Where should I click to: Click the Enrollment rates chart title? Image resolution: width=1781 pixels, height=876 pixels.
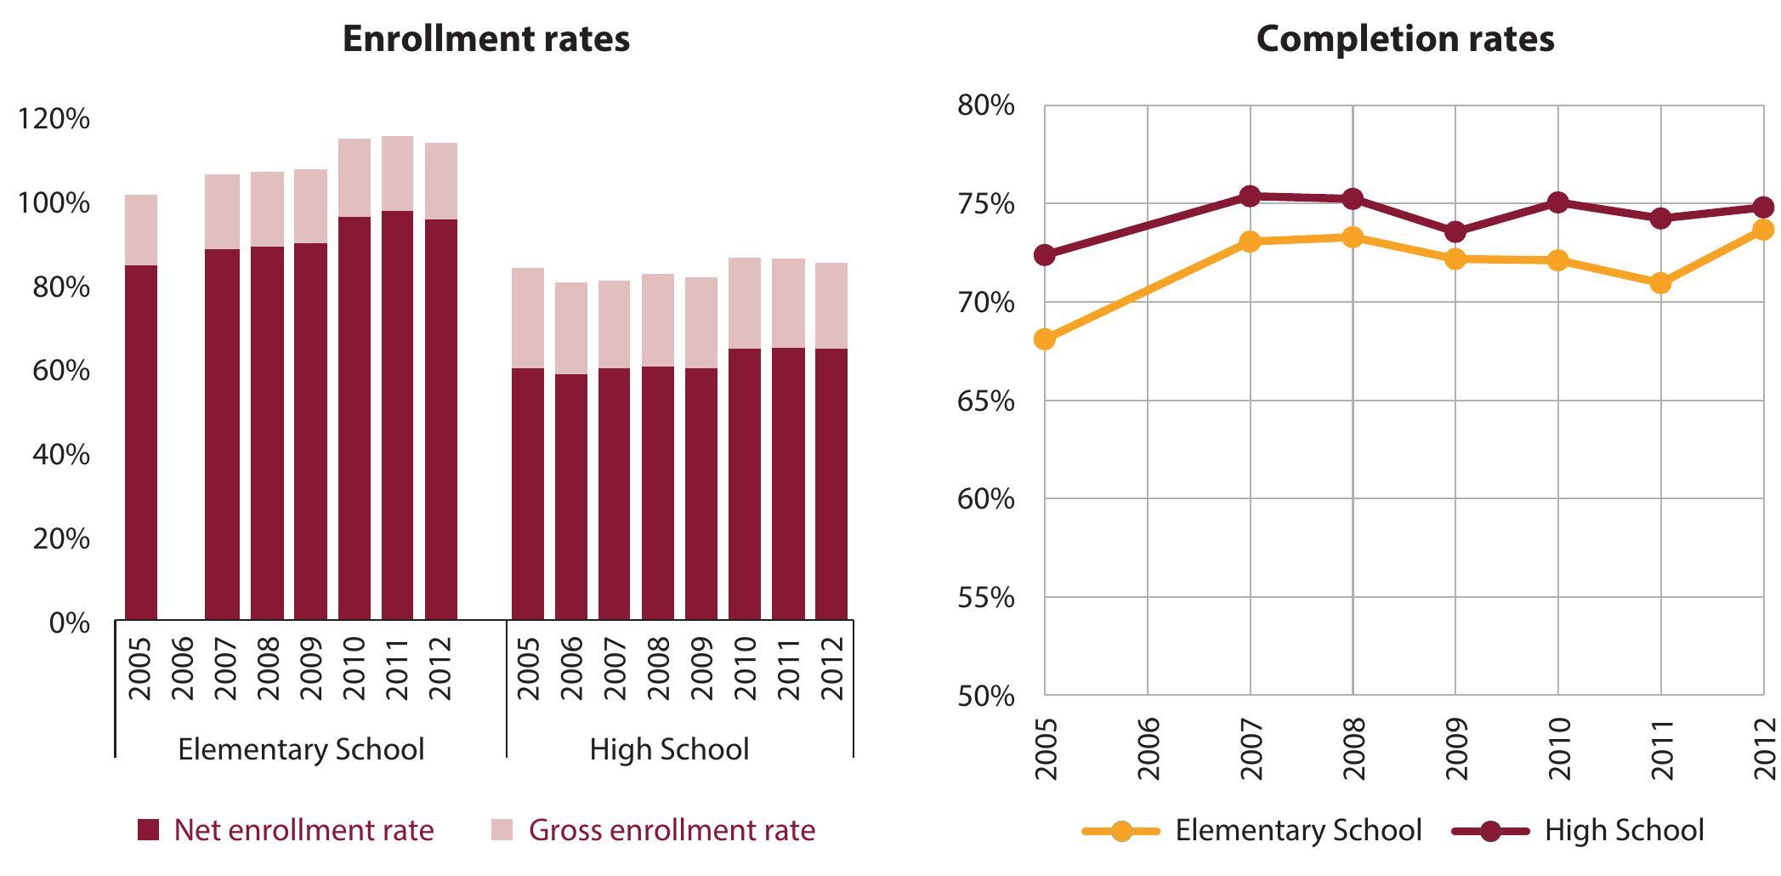click(485, 39)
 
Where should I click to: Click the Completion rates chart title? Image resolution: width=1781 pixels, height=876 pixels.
click(1405, 39)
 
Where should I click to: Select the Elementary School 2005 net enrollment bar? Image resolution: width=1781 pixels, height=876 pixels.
click(141, 442)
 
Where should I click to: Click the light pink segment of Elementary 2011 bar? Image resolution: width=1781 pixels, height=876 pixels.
click(397, 173)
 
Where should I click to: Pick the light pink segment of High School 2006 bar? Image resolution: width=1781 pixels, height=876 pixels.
click(571, 328)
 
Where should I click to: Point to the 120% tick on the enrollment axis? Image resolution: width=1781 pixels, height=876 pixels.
click(53, 119)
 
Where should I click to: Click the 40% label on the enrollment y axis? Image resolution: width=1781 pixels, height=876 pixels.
click(60, 455)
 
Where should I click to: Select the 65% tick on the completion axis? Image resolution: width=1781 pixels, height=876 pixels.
click(985, 401)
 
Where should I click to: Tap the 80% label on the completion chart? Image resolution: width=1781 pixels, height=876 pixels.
click(985, 106)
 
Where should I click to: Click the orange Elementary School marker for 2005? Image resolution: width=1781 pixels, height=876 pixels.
click(1045, 339)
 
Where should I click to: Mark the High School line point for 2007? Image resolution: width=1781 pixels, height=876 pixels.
click(1250, 196)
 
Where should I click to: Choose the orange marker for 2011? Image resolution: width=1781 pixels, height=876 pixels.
click(1660, 283)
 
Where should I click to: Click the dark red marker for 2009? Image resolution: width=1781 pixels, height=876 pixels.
click(1455, 232)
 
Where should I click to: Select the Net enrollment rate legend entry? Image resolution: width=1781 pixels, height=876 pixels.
click(286, 830)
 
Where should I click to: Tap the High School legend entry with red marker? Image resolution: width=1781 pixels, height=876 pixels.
click(1578, 830)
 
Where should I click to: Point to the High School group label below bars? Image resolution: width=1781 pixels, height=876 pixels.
click(669, 749)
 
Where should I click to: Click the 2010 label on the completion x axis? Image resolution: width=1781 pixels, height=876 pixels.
click(1558, 749)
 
